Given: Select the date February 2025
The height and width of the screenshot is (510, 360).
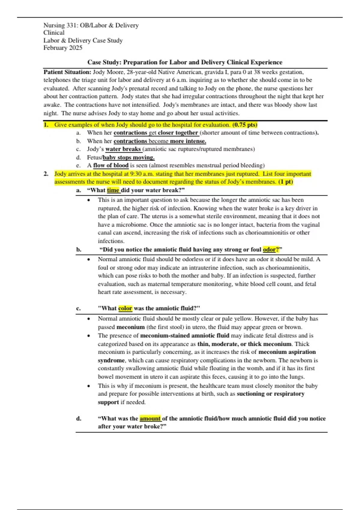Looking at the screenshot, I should tap(63, 48).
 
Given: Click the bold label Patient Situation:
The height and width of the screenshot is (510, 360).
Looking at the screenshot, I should tap(67, 72).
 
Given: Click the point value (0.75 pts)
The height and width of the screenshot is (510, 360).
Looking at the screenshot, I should tap(245, 125).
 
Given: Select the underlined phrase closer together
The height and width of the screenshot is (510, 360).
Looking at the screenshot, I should tap(178, 133).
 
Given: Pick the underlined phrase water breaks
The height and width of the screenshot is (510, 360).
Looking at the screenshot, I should tap(123, 149).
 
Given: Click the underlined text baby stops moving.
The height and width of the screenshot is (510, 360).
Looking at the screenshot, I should tap(129, 157).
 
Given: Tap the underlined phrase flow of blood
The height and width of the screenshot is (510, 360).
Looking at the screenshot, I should tap(111, 165).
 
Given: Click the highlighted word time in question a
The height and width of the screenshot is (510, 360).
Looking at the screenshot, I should tap(113, 190).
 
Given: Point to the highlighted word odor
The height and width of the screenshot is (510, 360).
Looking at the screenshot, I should tap(269, 250).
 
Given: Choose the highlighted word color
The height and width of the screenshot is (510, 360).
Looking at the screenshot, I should tap(125, 308).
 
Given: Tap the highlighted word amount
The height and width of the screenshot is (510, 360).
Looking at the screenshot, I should tap(150, 418).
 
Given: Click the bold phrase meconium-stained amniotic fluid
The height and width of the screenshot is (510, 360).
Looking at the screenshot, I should tap(184, 336).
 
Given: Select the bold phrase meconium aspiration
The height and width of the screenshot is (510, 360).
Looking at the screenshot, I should tap(287, 352).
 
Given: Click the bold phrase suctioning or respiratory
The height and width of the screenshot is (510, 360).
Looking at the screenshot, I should tap(271, 394).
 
